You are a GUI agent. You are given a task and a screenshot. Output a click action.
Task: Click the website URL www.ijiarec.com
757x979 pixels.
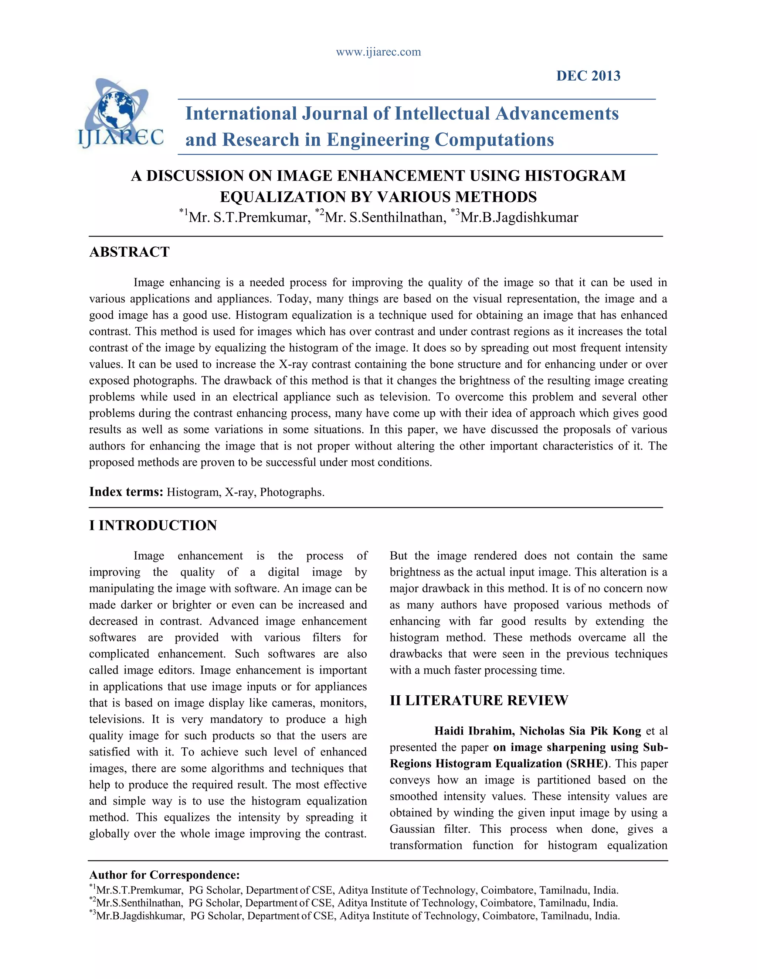[x=378, y=52]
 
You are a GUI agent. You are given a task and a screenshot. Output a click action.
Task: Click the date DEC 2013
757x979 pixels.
[x=588, y=76]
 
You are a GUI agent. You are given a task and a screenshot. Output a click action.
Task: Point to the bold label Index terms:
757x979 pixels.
[x=126, y=492]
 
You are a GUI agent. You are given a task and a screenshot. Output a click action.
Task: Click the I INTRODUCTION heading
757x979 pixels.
[x=153, y=525]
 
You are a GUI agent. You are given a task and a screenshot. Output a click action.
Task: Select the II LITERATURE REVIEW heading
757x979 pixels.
[x=479, y=700]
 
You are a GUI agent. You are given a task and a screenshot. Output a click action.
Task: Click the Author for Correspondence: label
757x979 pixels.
[x=164, y=875]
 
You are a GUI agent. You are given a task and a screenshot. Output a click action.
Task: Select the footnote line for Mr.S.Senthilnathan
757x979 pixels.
[x=353, y=903]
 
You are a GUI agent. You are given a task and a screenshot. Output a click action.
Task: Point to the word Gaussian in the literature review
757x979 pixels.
[x=412, y=829]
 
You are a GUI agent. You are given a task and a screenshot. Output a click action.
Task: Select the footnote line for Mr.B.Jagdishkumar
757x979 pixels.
[x=354, y=916]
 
